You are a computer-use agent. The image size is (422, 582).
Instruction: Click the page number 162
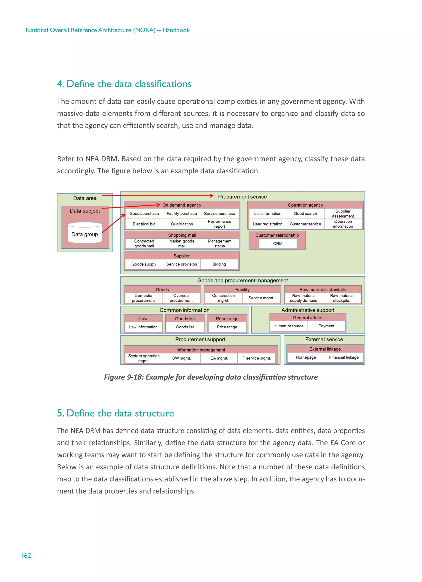click(26, 555)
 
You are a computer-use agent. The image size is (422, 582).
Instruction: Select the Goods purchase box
click(144, 214)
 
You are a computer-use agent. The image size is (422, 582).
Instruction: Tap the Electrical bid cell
click(144, 224)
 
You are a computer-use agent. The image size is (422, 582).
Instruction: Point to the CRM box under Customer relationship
click(278, 243)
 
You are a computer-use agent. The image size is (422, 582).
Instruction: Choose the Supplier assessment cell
click(343, 214)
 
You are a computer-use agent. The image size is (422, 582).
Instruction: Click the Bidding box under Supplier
click(219, 264)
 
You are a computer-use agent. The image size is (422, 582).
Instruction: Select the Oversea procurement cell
click(181, 298)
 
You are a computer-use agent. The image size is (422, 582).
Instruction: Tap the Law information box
click(143, 327)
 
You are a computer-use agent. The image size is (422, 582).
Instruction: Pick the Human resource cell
click(288, 326)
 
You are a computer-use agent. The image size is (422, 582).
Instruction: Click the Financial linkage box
click(344, 357)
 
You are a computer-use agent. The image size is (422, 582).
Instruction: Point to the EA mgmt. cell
click(219, 358)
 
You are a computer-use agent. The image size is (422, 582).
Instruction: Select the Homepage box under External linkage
click(306, 357)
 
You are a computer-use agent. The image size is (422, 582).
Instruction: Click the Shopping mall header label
click(182, 235)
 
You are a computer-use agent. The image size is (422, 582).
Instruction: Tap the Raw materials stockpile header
click(322, 289)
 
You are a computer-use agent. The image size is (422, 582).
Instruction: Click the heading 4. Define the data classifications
click(124, 84)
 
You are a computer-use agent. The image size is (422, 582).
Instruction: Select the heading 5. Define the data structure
click(115, 413)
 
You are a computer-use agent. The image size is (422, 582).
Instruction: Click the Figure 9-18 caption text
click(211, 377)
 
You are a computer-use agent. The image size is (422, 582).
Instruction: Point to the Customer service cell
click(305, 224)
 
